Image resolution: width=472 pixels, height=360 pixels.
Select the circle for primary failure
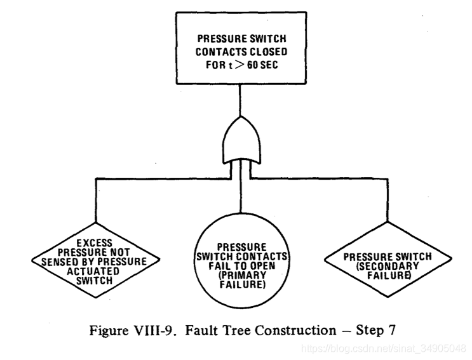coord(240,264)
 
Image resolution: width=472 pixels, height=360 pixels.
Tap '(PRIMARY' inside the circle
coord(240,277)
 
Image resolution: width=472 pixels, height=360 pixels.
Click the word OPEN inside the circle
coord(260,266)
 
